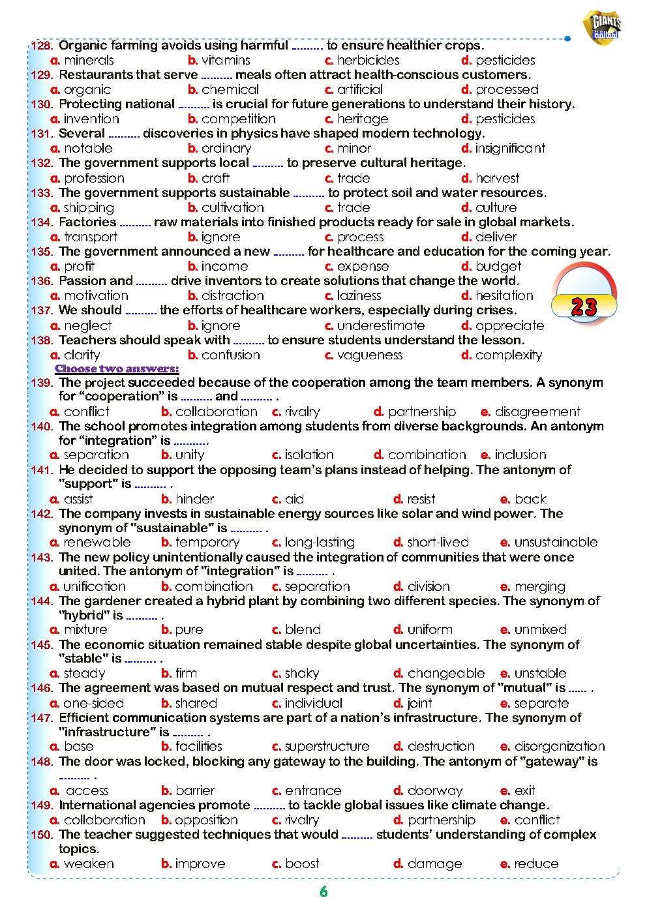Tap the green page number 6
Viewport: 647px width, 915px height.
[x=323, y=892]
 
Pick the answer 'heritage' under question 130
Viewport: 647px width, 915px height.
[x=362, y=119]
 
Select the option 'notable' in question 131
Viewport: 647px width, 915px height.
[x=88, y=149]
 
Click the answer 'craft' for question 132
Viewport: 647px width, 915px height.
[x=215, y=178]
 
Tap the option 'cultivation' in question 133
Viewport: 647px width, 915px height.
[x=232, y=208]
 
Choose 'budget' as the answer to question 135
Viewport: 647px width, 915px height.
[x=498, y=267]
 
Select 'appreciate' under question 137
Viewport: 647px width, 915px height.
[x=509, y=325]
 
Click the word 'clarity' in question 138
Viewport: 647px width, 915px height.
[x=82, y=355]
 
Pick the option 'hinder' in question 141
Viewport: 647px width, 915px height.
[x=194, y=500]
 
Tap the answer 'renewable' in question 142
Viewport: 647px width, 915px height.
[x=97, y=543]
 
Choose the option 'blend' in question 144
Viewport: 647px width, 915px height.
[x=303, y=630]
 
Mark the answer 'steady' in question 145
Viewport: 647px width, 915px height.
[x=84, y=674]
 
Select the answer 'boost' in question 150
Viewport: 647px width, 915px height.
[x=302, y=864]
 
